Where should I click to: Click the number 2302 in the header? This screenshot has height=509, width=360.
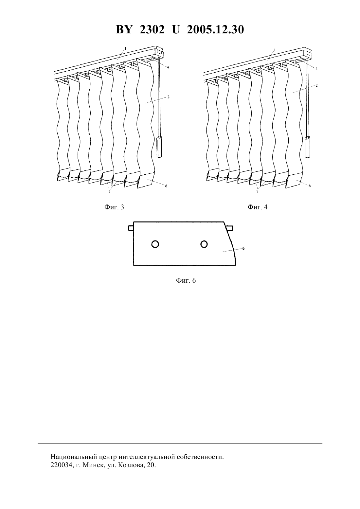[x=152, y=29]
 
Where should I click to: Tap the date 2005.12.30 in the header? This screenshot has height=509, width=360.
[x=215, y=29]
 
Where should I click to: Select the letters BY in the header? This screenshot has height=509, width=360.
[x=124, y=29]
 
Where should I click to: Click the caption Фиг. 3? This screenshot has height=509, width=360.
[x=114, y=207]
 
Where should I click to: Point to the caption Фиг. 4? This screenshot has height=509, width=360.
[x=257, y=207]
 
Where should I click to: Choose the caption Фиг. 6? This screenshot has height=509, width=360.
[x=186, y=280]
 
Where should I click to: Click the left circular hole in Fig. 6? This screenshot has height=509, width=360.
[x=155, y=244]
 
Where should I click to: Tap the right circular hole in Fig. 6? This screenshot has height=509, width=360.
[x=204, y=244]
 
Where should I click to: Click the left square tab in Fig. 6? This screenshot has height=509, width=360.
[x=131, y=228]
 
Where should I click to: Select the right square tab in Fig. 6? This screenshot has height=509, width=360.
[x=229, y=228]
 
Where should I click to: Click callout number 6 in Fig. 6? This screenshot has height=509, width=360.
[x=243, y=249]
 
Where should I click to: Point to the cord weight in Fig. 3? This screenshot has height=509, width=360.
[x=159, y=147]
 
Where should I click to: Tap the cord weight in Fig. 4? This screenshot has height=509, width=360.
[x=308, y=147]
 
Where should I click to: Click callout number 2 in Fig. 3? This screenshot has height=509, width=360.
[x=169, y=97]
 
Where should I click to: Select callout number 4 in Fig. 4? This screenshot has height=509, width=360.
[x=316, y=68]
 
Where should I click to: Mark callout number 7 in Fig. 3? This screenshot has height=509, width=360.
[x=109, y=192]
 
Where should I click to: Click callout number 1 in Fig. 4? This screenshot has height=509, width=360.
[x=275, y=50]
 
